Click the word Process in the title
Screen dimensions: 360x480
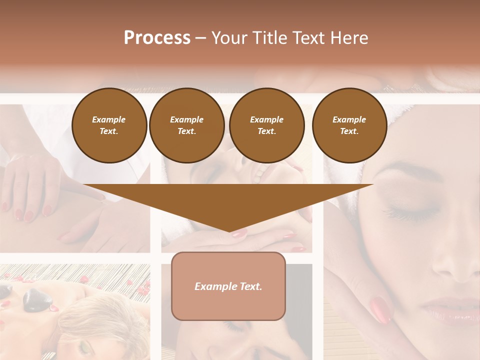click(x=157, y=38)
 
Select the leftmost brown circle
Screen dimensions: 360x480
click(x=109, y=125)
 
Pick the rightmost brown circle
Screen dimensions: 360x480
click(x=349, y=125)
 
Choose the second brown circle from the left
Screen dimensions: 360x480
click(x=186, y=125)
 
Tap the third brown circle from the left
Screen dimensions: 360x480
click(x=266, y=125)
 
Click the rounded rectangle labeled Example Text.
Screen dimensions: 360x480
click(x=228, y=285)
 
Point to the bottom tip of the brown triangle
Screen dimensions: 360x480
click(x=229, y=231)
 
